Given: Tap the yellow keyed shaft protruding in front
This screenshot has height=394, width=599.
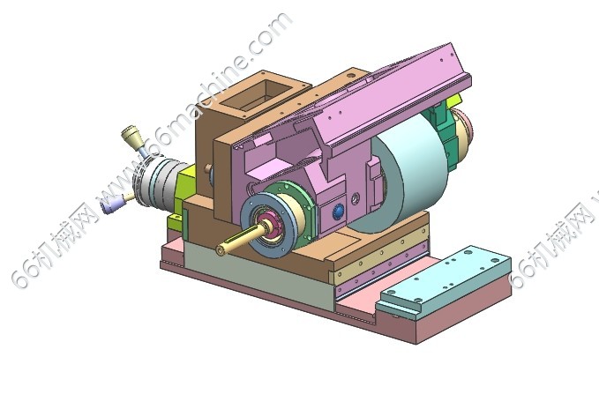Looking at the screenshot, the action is (x=236, y=240).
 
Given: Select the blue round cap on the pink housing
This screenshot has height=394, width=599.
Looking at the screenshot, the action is (x=339, y=212).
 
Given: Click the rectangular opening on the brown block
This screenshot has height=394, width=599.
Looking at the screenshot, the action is (x=257, y=94).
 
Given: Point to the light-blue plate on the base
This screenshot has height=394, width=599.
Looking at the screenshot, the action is (x=443, y=283).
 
